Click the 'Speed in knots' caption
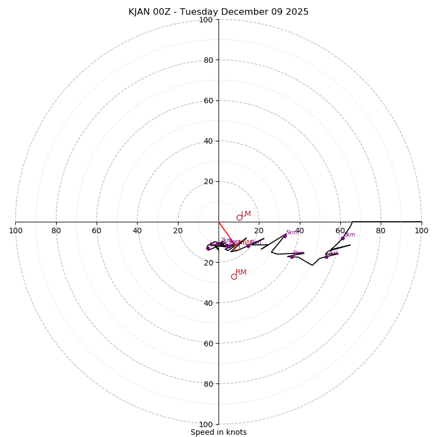(218, 432)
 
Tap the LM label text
(246, 214)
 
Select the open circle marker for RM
(234, 276)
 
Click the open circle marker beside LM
(239, 217)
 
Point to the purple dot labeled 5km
(285, 236)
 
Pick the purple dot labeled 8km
(342, 238)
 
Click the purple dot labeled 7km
(326, 257)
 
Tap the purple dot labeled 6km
(292, 257)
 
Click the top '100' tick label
(206, 20)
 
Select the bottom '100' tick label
(206, 424)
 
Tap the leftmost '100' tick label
(16, 231)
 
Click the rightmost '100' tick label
(421, 231)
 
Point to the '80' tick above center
(208, 60)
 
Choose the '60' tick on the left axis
(97, 231)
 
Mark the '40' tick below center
(208, 303)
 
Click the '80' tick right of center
(381, 231)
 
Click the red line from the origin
(226, 232)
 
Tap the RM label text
(241, 272)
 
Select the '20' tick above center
(208, 181)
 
